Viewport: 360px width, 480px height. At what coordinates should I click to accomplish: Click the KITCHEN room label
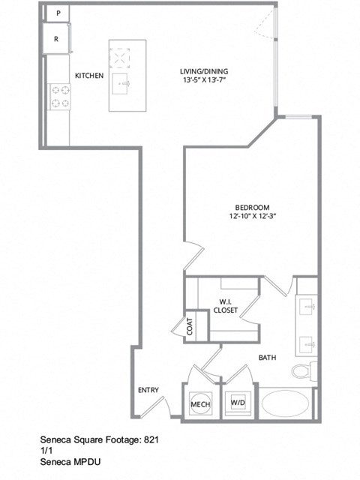click(88, 75)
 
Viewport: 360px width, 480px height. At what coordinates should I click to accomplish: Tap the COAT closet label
click(190, 328)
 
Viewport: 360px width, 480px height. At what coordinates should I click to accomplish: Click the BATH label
click(268, 358)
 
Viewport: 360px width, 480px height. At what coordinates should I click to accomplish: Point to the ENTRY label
click(148, 390)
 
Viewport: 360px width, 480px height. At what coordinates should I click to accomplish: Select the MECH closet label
click(199, 404)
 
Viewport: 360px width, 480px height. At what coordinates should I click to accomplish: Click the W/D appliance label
click(238, 403)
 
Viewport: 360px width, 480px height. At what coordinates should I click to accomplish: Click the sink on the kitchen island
click(121, 83)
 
